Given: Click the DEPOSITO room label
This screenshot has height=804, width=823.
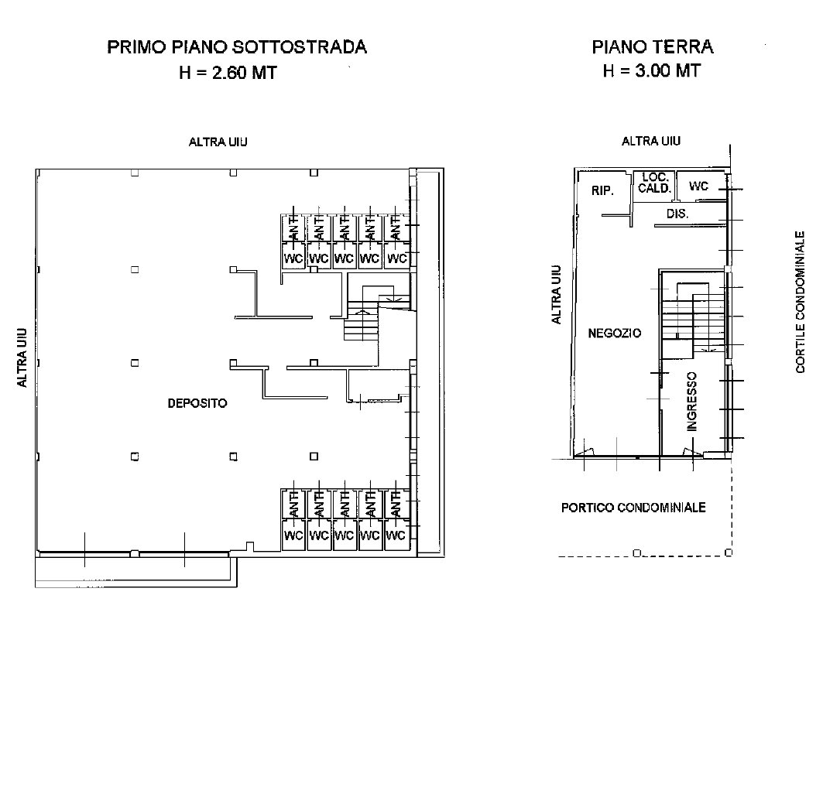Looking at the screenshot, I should tap(197, 403).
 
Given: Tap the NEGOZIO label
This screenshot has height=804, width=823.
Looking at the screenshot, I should tap(614, 333).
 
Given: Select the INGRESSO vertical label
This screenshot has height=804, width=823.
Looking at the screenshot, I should tap(691, 401).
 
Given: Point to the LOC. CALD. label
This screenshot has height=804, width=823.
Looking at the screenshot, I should tap(653, 183).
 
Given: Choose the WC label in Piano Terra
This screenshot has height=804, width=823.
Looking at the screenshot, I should tap(698, 186).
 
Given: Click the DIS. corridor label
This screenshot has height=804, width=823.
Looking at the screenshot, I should tap(677, 214).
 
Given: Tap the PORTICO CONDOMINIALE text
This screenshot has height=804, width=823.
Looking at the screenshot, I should tap(633, 508).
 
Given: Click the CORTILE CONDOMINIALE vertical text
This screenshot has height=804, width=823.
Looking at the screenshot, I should tap(801, 302).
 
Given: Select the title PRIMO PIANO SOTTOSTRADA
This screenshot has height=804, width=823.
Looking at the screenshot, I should tap(236, 47).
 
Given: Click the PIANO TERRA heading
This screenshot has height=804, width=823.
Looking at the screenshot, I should tap(652, 47).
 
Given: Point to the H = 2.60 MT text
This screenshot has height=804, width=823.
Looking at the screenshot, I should tap(228, 73).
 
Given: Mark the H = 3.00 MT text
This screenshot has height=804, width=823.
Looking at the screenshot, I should tap(652, 70).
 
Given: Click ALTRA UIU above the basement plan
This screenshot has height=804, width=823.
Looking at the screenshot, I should tap(218, 142).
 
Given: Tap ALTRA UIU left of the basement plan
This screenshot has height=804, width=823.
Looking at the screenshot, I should tap(23, 357).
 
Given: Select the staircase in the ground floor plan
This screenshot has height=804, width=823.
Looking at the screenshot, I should tap(691, 317).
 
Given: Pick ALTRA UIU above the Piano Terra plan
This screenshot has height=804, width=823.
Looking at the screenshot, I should tap(651, 141).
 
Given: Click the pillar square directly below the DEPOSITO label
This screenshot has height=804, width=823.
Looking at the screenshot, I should tap(232, 456).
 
